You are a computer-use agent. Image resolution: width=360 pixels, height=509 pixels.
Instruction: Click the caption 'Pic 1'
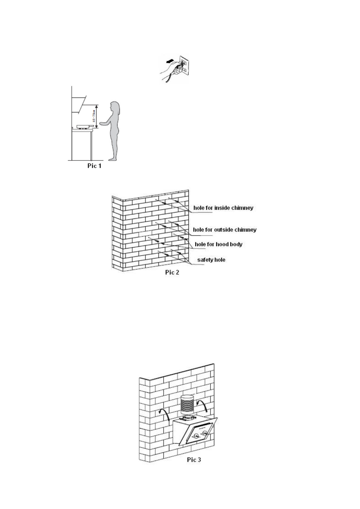(94, 166)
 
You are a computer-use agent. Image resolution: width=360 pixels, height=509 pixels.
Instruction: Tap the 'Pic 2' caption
(172, 272)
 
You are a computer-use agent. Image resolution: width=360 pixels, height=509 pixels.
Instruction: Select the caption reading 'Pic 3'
(194, 460)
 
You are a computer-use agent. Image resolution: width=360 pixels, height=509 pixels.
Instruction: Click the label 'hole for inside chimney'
(223, 208)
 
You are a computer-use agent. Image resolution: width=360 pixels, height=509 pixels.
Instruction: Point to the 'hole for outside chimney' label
(225, 230)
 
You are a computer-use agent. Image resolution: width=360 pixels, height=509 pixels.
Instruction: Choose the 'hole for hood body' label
(218, 244)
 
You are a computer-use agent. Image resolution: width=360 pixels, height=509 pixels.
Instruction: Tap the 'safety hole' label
(211, 260)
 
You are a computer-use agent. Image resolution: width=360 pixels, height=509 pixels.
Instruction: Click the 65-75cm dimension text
(94, 116)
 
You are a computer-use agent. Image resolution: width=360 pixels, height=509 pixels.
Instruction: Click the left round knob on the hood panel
(196, 436)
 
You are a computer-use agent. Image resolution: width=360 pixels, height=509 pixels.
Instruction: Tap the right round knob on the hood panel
(205, 433)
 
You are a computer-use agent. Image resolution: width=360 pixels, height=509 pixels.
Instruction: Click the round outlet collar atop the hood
(187, 419)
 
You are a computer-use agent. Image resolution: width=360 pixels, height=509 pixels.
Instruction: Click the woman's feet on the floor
(112, 159)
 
